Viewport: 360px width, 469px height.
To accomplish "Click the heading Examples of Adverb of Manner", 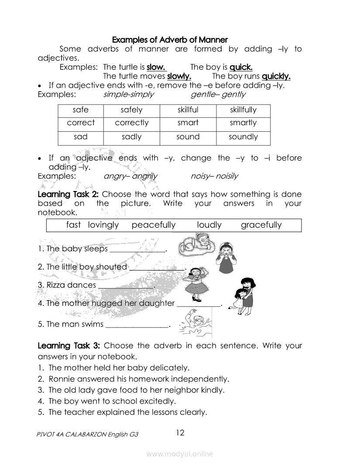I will [170, 40].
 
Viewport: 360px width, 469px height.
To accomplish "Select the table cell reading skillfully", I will [243, 110].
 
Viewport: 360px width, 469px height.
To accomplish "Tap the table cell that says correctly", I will [131, 123].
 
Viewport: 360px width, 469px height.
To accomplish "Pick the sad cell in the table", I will [80, 137].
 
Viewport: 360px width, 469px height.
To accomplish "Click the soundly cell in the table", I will [243, 137].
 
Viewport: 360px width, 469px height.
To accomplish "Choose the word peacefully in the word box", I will [154, 225].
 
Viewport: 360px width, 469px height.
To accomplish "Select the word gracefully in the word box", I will [261, 225].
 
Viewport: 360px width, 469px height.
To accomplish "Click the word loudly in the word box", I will [209, 225].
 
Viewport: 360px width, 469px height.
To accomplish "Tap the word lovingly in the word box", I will [103, 225].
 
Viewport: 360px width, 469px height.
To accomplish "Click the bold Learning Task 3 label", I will [69, 346].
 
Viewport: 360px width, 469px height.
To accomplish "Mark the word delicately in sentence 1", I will [169, 368].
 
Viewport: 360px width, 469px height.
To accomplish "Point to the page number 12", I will [180, 433].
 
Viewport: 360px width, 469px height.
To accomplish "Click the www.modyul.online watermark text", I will [180, 454].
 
